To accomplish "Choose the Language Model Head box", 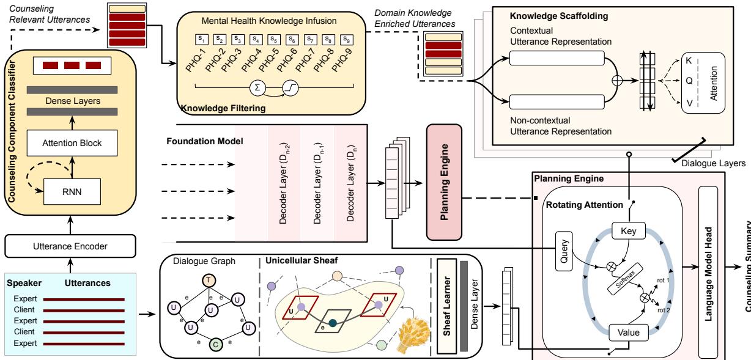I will point(708,269).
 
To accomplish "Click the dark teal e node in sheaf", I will point(332,306).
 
